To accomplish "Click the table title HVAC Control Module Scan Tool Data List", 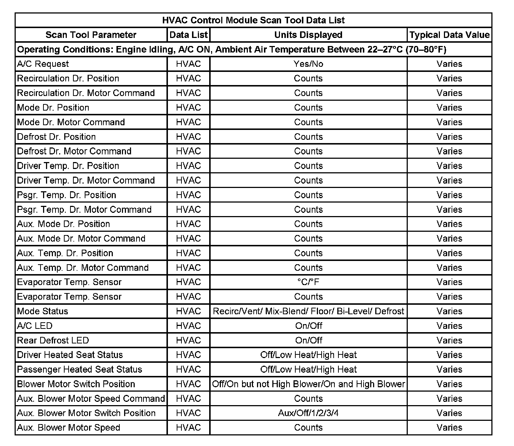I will [x=253, y=20].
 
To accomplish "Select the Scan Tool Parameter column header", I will [x=91, y=35].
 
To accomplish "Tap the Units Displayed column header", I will [x=308, y=35].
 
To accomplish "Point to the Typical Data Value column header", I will [x=449, y=35].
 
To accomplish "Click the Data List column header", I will [x=188, y=35].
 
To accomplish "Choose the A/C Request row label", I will [x=43, y=64].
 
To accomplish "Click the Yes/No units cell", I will [x=308, y=64].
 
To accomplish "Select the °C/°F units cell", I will [x=308, y=282].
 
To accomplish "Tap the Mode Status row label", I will [x=43, y=311].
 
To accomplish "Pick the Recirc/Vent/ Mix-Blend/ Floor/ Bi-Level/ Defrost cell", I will [x=308, y=311].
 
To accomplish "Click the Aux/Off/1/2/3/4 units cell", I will [x=308, y=413].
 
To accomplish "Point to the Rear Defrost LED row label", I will [x=53, y=341].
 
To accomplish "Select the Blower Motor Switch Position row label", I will [x=76, y=384].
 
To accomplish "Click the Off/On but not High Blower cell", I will [x=308, y=384].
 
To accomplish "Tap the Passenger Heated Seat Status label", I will [x=80, y=369].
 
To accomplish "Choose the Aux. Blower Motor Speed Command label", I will [x=91, y=399].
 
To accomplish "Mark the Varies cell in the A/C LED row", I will [x=449, y=326].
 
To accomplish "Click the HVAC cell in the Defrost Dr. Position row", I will [x=188, y=137].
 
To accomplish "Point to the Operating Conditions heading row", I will [x=232, y=49].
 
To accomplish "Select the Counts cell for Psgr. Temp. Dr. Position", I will [x=308, y=195].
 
